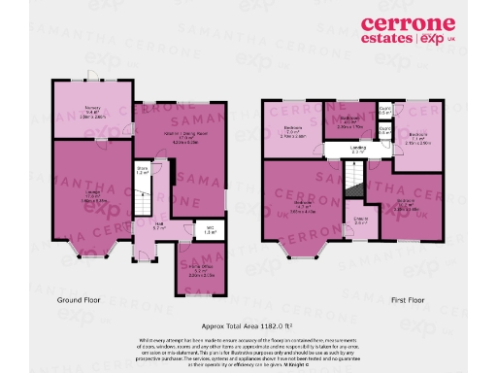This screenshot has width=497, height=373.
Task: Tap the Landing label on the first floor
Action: (358, 149)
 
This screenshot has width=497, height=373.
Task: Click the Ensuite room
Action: (362, 220)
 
